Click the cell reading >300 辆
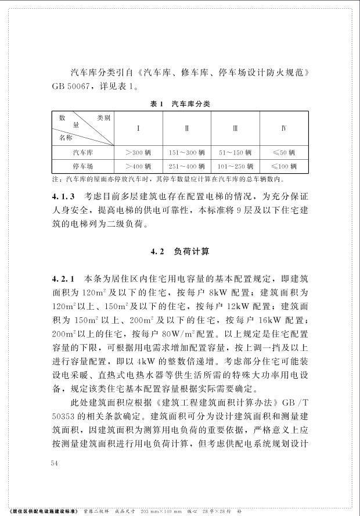coord(138,153)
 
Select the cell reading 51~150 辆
coord(235,153)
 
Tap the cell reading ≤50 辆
coord(284,153)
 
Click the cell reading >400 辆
coord(138,167)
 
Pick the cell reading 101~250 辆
coord(235,167)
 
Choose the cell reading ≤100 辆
coord(284,167)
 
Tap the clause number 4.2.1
coord(63,279)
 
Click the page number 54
coord(56,463)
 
